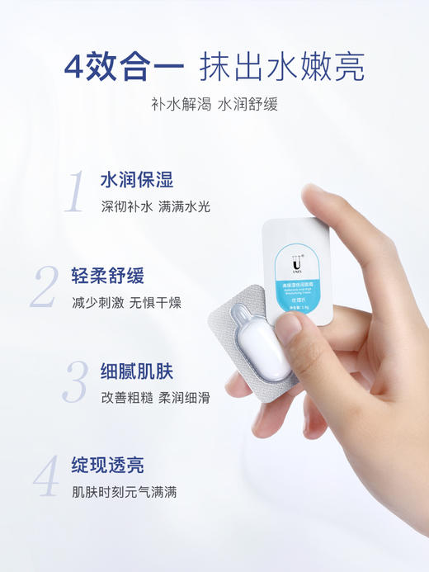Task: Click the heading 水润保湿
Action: click(x=136, y=181)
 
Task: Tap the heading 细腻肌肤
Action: click(x=136, y=371)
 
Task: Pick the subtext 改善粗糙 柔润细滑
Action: click(x=155, y=397)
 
